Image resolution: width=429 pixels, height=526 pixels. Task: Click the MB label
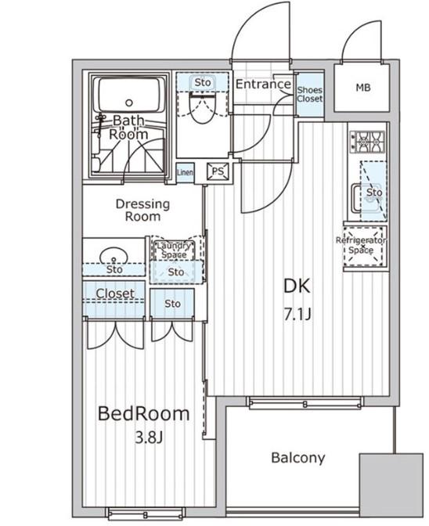363,88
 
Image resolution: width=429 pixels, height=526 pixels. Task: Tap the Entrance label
263,84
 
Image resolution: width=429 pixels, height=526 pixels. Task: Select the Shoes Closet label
309,94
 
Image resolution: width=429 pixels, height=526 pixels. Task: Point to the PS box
218,171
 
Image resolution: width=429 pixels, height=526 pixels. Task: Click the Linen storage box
185,172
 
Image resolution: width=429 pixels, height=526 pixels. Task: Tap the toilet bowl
202,108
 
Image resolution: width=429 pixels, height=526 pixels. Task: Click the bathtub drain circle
129,103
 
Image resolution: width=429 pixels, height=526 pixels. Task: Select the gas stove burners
368,142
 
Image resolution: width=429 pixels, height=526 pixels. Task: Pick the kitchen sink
366,199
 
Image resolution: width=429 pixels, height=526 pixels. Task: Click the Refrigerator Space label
361,245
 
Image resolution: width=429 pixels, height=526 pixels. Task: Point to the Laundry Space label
174,250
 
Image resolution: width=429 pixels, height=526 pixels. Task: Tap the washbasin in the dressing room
114,256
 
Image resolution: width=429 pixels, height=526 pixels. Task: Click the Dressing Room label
142,210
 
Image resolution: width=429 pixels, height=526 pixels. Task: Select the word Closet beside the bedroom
115,294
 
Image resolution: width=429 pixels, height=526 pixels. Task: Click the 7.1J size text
297,315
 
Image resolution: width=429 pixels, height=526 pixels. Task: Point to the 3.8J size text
149,438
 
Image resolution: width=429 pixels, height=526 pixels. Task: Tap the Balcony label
297,458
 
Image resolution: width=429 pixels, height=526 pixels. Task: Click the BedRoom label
143,413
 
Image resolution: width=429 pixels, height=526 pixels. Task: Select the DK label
297,286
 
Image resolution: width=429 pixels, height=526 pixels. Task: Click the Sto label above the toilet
203,82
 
